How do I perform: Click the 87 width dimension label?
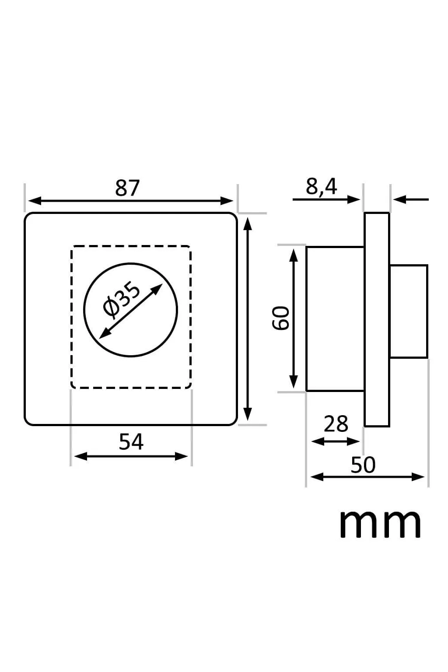[x=127, y=188]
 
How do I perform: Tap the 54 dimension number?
[x=131, y=442]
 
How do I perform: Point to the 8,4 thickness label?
[x=322, y=187]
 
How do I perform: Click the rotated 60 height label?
[x=281, y=318]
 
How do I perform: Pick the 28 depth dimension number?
[x=336, y=424]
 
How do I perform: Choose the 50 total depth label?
[x=363, y=465]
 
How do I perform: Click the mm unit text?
[x=380, y=524]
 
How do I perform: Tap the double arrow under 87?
[x=131, y=201]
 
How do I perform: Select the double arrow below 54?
[x=131, y=456]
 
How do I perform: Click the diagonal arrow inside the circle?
[x=131, y=311]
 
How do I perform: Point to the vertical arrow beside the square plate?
[x=248, y=318]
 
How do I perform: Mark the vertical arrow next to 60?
[x=294, y=318]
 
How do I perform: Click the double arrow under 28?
[x=335, y=441]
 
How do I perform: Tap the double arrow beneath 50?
[x=367, y=477]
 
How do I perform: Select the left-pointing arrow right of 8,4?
[x=411, y=200]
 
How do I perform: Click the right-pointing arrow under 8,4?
[x=326, y=200]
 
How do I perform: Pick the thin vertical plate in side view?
[x=377, y=319]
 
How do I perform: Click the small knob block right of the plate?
[x=408, y=311]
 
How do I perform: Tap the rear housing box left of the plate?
[x=335, y=318]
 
